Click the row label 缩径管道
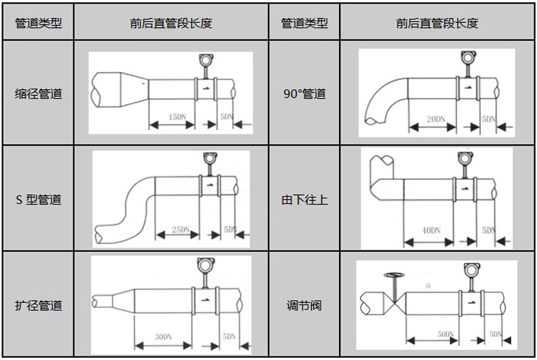pyautogui.click(x=38, y=94)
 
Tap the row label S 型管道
pyautogui.click(x=38, y=199)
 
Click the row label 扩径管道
pyautogui.click(x=38, y=305)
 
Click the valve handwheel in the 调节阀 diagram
pyautogui.click(x=394, y=274)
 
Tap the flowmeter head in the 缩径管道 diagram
pyautogui.click(x=204, y=60)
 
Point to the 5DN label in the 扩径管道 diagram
pyautogui.click(x=229, y=336)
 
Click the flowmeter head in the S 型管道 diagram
pyautogui.click(x=209, y=158)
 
